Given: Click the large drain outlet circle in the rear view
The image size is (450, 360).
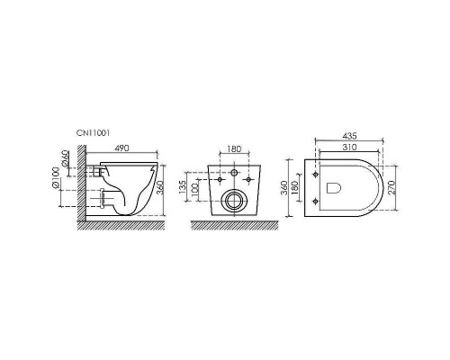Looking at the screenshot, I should (x=233, y=199).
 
